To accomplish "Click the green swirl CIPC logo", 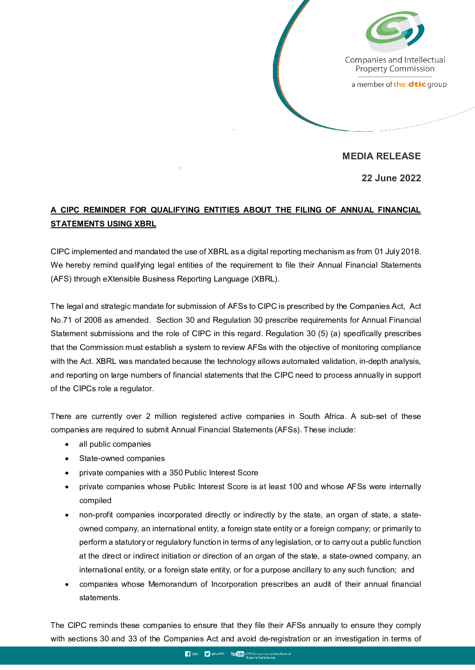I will coord(394,31).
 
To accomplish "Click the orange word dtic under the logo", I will coord(417,84).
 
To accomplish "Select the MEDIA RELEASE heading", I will coord(381,156).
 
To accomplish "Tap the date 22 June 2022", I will coord(391,178).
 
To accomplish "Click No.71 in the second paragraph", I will coord(61,320).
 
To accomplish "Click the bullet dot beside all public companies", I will coord(67,444).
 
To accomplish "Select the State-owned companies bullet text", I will coord(122,458).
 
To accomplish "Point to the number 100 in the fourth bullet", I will coord(295,486).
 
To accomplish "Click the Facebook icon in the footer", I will coord(188,654).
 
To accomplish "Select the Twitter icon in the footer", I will coord(207,654).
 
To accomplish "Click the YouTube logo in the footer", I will coord(237,654).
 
